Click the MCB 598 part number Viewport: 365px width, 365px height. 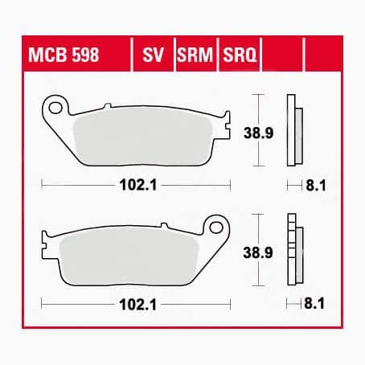[x=64, y=55]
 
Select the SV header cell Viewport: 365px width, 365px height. [x=153, y=55]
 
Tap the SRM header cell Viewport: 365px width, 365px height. [x=195, y=55]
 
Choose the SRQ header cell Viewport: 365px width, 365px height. [x=240, y=55]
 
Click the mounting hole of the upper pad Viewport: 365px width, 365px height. [x=55, y=108]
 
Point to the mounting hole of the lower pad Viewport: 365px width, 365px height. [x=216, y=228]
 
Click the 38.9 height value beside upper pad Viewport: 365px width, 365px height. [x=258, y=133]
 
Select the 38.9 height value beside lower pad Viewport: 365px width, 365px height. [x=258, y=252]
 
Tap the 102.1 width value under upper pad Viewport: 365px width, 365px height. [x=138, y=185]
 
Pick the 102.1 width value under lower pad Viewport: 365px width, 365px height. [x=138, y=305]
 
